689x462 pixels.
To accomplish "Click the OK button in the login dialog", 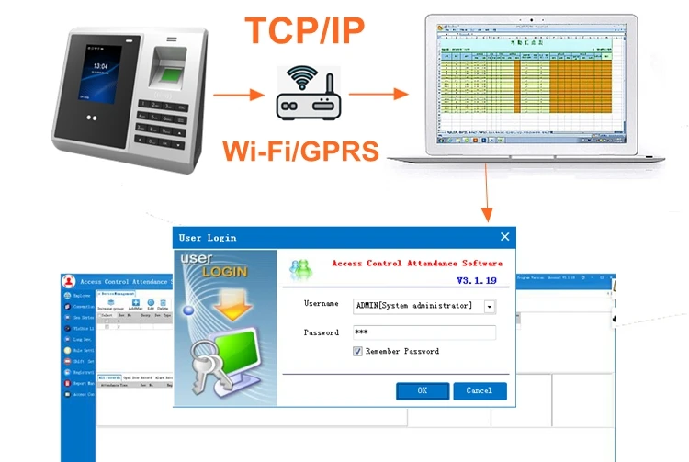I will [423, 390].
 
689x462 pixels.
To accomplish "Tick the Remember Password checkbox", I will [358, 351].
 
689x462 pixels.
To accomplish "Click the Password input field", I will [424, 332].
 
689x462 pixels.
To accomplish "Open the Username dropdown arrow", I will [490, 306].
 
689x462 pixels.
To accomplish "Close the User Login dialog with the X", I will [504, 237].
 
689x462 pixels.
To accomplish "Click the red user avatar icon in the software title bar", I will [68, 281].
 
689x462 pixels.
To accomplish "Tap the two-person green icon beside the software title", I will [300, 270].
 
